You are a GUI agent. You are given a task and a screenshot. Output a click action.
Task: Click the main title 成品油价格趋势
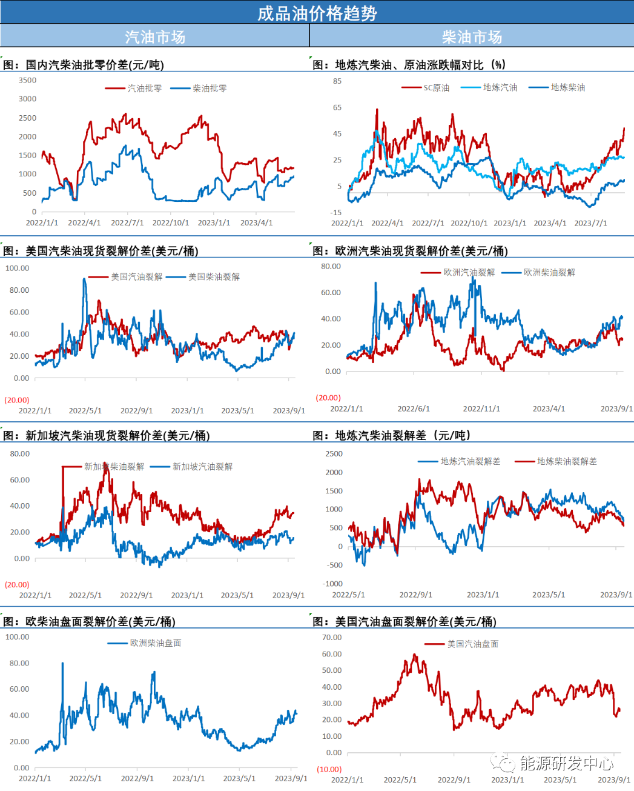click(x=317, y=13)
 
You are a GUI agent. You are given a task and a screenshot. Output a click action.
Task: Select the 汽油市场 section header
click(x=155, y=37)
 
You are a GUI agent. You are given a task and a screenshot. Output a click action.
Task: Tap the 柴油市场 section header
click(x=472, y=37)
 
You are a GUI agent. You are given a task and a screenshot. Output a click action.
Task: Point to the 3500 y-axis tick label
click(x=28, y=80)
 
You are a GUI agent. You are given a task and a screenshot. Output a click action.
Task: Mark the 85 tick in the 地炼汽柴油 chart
click(x=337, y=81)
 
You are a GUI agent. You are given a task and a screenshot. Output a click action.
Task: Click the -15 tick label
click(x=335, y=213)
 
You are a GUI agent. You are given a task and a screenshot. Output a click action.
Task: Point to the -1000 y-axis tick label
click(x=333, y=584)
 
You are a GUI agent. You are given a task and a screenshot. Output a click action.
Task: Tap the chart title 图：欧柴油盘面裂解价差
click(x=89, y=621)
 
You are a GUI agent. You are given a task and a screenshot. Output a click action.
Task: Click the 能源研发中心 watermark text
click(x=566, y=763)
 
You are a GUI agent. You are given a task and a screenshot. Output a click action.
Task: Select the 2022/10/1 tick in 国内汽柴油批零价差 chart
click(x=171, y=223)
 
